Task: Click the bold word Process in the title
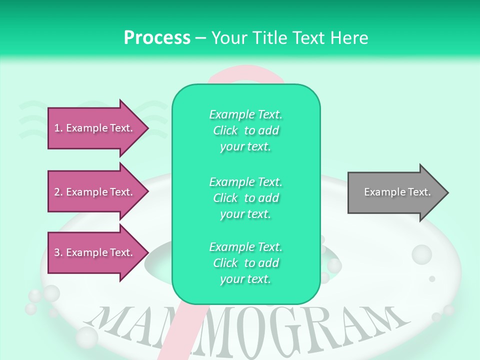tap(157, 38)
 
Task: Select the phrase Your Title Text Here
tap(290, 38)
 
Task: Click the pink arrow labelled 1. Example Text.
tap(95, 128)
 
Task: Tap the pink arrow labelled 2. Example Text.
tap(95, 192)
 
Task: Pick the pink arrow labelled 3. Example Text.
tap(95, 252)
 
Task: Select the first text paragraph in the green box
tap(245, 130)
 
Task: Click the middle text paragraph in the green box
tap(245, 198)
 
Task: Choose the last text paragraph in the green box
tap(245, 263)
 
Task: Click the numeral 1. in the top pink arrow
tap(58, 128)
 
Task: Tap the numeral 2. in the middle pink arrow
tap(58, 192)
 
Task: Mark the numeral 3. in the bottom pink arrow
tap(58, 252)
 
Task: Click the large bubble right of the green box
tap(421, 254)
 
